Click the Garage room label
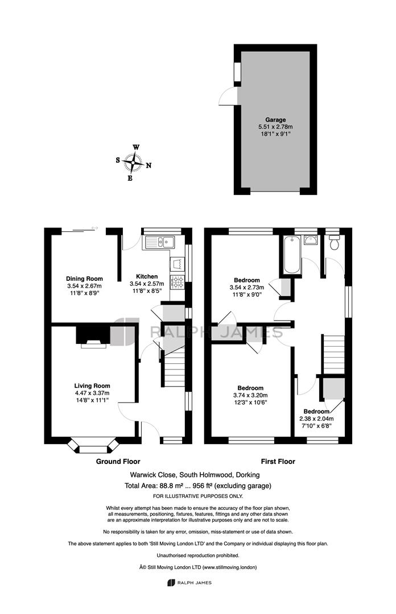click(275, 120)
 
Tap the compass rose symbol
click(133, 163)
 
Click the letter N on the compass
click(148, 165)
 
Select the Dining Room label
click(84, 279)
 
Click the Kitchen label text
click(147, 276)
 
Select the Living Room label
click(92, 385)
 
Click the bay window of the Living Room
click(93, 446)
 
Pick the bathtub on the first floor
click(291, 255)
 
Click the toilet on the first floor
click(335, 242)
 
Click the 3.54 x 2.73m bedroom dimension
click(246, 288)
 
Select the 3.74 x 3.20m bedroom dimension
click(250, 395)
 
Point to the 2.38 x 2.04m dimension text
click(316, 418)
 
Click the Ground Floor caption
click(118, 462)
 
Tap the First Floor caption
click(278, 462)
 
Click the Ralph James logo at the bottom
click(189, 583)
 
